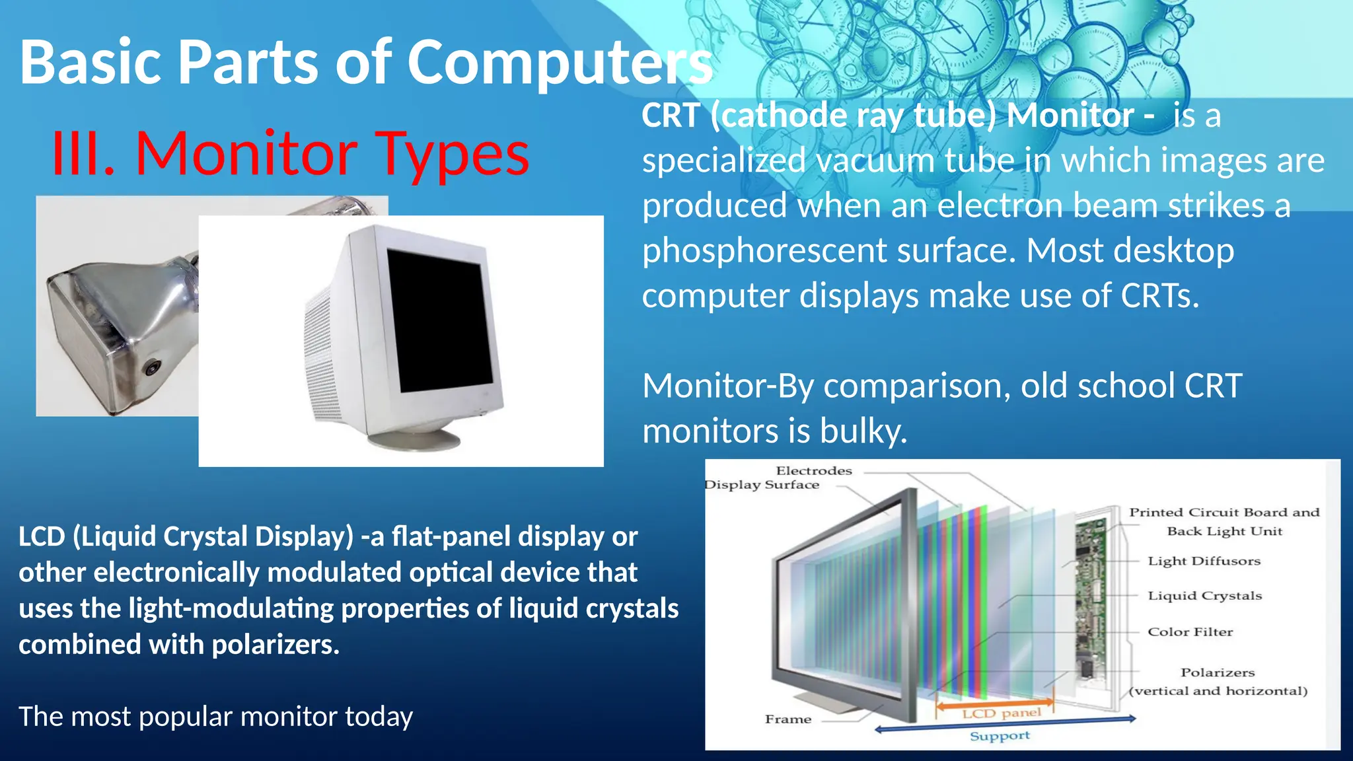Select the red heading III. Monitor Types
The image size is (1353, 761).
click(291, 154)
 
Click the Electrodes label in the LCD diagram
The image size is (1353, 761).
click(813, 471)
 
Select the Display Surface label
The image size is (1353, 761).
click(762, 485)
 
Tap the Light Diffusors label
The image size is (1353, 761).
click(1204, 561)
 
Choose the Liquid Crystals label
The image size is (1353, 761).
click(1204, 596)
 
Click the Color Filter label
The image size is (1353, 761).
click(1190, 632)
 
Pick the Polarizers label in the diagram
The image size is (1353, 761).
click(1217, 672)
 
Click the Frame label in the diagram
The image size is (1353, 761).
click(787, 719)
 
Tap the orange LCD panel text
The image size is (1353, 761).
click(1001, 713)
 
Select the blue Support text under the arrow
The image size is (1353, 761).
click(999, 736)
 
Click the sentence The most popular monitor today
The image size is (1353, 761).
click(215, 717)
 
